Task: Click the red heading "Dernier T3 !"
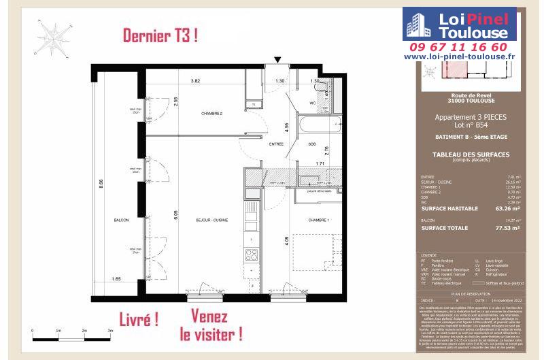pos(160,36)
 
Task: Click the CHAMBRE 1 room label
pos(318,220)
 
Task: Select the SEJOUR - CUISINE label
pos(211,220)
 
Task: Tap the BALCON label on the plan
pos(122,220)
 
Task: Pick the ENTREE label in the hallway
pos(276,144)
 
